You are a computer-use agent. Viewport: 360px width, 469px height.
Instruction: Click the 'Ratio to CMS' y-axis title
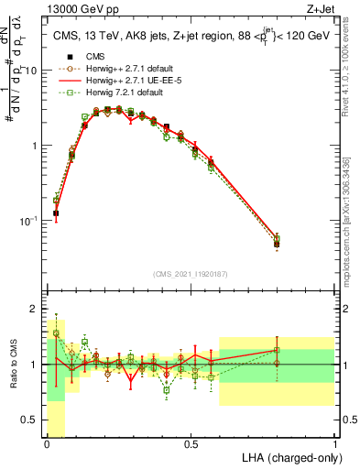coord(14,365)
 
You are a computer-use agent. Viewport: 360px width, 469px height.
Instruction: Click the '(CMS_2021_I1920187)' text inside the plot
coord(190,273)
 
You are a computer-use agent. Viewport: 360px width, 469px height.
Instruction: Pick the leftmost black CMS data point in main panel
coord(56,213)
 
